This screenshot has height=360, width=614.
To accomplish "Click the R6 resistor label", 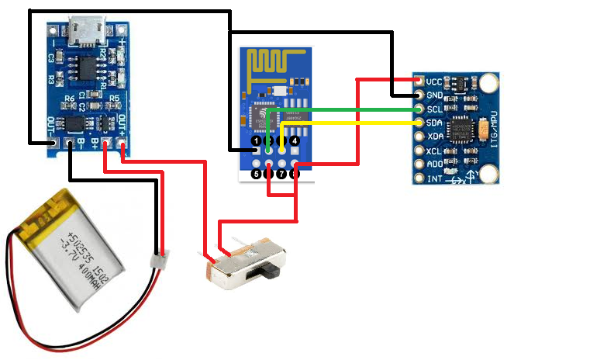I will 69,99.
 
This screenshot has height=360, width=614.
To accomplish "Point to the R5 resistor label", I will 114,99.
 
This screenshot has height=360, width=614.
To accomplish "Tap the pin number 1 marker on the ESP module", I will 256,141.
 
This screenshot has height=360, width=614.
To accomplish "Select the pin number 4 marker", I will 295,141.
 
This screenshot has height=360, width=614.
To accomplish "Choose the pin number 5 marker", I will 256,174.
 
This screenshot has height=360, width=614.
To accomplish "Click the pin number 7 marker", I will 281,174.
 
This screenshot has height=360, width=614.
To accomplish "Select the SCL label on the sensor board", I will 436,109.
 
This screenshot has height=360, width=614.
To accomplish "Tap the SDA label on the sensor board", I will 436,123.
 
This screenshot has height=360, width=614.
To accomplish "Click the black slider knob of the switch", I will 271,271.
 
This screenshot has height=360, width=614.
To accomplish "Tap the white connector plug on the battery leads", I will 160,256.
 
